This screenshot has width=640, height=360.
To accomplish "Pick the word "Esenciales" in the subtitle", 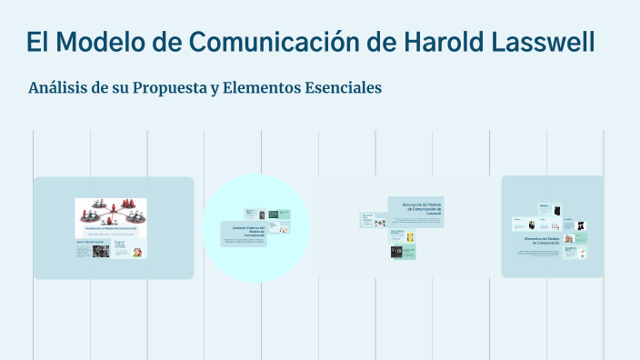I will tap(341, 88).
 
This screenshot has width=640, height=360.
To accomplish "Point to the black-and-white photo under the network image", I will tap(101, 251).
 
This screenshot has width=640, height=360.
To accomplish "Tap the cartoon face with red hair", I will tap(137, 252).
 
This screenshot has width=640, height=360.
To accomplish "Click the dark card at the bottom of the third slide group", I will tap(397, 252).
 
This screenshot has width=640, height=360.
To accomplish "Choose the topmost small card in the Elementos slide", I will tap(550, 211).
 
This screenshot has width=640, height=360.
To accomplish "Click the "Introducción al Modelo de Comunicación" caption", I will tap(110, 229).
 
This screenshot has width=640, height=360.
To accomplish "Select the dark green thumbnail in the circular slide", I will tap(262, 214).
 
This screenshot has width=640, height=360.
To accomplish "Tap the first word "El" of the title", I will tap(36, 42).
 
